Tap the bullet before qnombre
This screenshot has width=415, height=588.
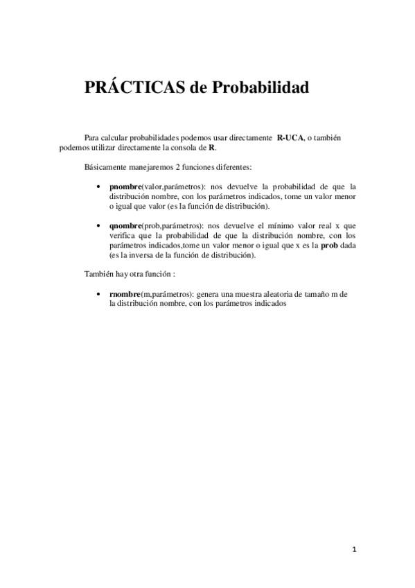pyautogui.click(x=103, y=226)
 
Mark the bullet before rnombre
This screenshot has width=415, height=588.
pyautogui.click(x=103, y=294)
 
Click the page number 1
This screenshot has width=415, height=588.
pyautogui.click(x=354, y=551)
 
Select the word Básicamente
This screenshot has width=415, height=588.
pyautogui.click(x=103, y=167)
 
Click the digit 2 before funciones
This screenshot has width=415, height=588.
pyautogui.click(x=179, y=167)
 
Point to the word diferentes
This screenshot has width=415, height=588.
pyautogui.click(x=231, y=167)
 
